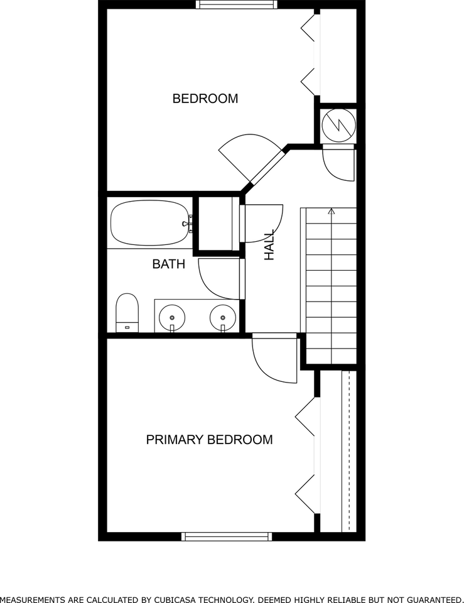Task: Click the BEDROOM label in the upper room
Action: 205,99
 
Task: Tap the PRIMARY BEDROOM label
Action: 209,440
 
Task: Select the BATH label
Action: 169,264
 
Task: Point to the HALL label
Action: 270,245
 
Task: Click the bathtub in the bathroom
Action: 149,223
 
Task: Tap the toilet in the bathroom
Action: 127,312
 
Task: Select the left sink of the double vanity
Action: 171,315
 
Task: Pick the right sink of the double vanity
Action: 222,315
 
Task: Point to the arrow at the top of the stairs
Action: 332,212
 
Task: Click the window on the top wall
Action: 236,4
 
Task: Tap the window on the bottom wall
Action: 227,536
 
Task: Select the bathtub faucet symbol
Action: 186,223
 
